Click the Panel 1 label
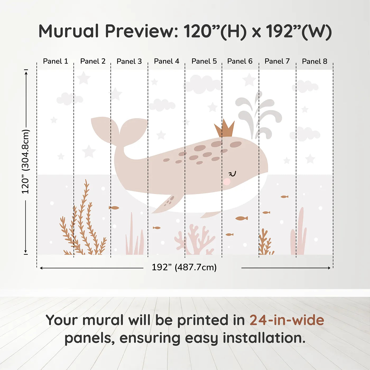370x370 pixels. click(55, 61)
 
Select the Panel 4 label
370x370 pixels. click(166, 61)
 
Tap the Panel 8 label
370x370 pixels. click(314, 61)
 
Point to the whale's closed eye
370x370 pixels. click(232, 174)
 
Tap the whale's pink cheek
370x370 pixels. click(227, 182)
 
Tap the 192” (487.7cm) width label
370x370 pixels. click(184, 267)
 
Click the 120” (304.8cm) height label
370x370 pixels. click(26, 161)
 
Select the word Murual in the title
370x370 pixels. click(69, 31)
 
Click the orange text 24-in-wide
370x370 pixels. click(287, 320)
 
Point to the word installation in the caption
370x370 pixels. click(264, 338)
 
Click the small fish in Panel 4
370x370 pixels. click(156, 228)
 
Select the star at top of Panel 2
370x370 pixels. click(84, 78)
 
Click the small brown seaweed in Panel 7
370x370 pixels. click(265, 243)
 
